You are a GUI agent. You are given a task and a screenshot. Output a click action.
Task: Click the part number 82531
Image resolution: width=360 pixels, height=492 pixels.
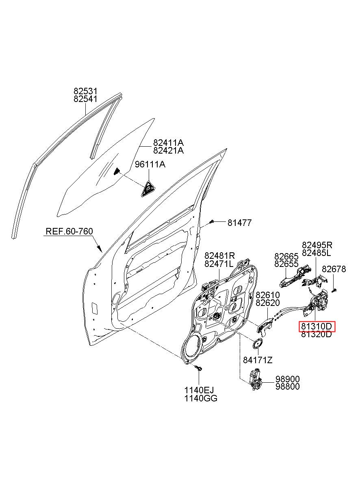click(85, 91)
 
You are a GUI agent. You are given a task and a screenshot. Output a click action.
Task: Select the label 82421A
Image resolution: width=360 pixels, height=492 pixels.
click(168, 150)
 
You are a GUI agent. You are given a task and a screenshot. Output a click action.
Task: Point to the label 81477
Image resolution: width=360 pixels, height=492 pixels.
click(239, 223)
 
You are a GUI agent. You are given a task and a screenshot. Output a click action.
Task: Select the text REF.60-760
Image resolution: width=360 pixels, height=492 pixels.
click(69, 231)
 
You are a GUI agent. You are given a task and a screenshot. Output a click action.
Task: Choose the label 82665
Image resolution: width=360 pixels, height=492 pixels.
click(286, 256)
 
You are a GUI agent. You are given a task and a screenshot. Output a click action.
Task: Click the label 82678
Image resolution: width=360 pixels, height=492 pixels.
click(334, 269)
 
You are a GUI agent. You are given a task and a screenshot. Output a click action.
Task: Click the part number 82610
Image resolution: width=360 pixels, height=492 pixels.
click(268, 295)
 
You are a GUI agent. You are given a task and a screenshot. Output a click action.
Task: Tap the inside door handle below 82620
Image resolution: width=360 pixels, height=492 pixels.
click(265, 328)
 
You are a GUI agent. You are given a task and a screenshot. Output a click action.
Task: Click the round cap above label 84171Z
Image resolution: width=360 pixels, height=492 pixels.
click(258, 343)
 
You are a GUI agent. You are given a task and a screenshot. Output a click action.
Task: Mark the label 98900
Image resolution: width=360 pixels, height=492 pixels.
click(288, 379)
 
